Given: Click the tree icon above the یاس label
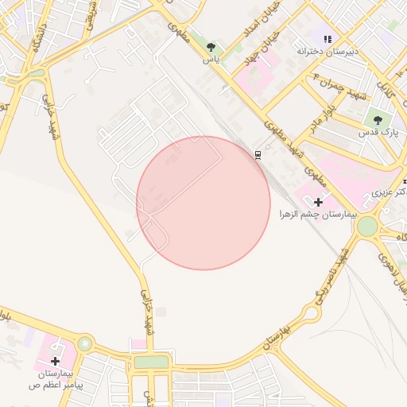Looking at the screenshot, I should [211, 48].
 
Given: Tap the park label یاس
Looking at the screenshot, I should [211, 60].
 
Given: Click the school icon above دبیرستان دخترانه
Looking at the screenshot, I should [328, 39].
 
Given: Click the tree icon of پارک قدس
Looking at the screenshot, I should [377, 120].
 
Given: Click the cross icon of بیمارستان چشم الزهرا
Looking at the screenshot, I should [318, 202].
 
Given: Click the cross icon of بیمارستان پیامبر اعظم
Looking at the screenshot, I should [55, 361].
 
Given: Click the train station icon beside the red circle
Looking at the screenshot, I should [258, 154].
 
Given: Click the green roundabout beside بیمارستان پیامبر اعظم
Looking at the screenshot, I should [85, 344].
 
